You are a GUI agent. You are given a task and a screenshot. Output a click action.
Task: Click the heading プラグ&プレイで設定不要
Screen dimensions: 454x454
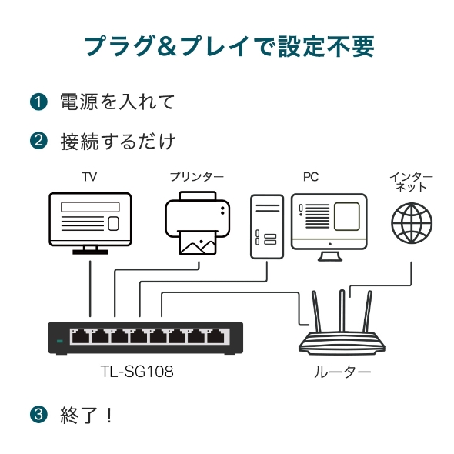tap(229, 46)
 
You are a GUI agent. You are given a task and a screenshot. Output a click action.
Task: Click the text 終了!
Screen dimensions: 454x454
tap(86, 416)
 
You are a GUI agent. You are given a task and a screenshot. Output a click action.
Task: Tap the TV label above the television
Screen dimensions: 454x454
tap(90, 177)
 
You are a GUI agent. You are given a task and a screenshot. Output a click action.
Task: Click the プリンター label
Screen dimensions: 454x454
tap(197, 177)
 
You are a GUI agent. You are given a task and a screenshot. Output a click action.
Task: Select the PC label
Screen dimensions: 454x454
tap(310, 177)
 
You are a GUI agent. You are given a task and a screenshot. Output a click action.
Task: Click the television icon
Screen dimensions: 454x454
tap(90, 222)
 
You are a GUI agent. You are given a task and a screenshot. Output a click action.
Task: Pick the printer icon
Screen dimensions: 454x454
tap(197, 223)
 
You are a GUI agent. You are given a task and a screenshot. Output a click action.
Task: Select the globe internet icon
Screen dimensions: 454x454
tap(412, 222)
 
